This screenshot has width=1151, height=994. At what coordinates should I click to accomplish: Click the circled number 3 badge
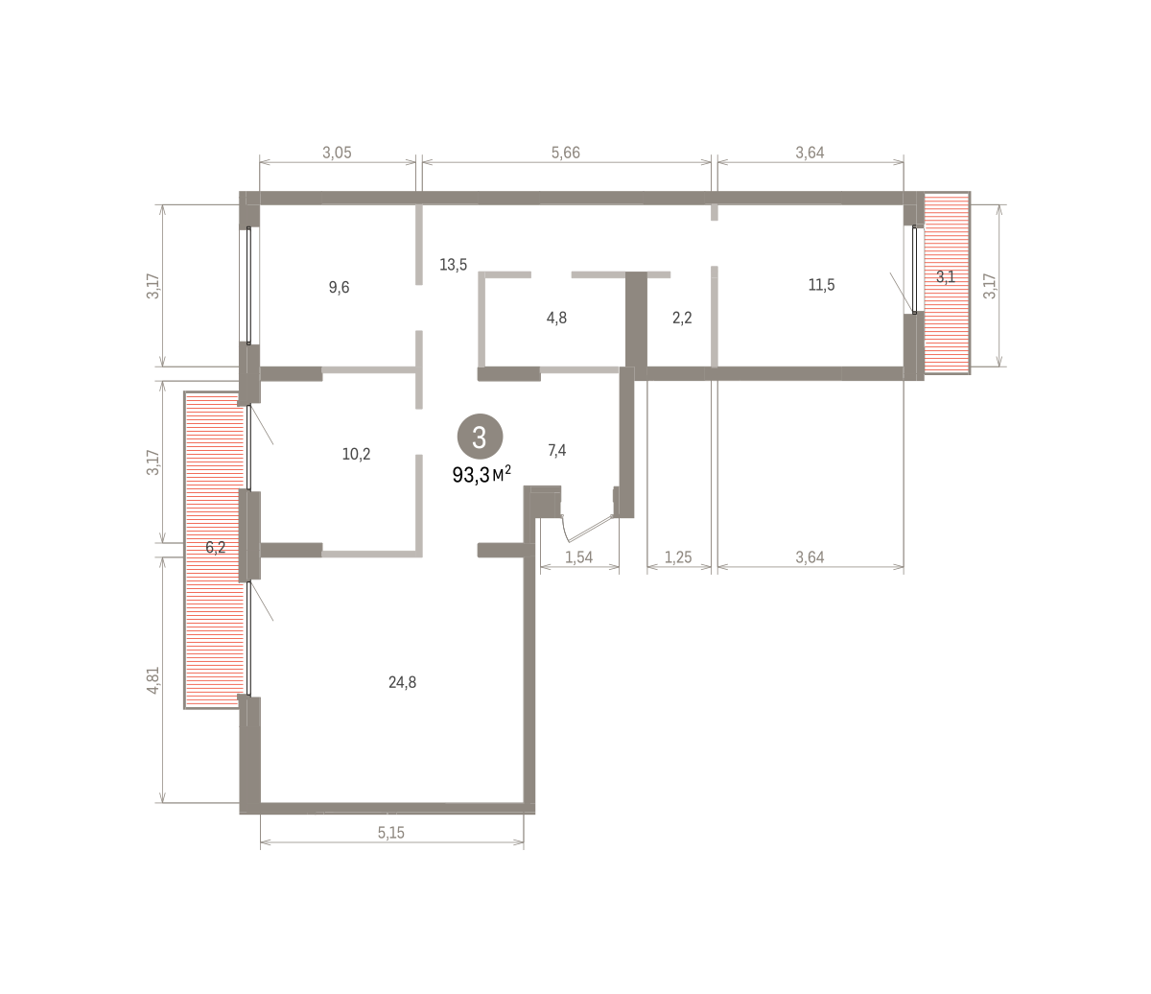[480, 437]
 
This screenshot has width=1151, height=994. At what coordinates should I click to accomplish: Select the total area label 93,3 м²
[482, 475]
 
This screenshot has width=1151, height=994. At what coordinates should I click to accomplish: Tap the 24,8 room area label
[402, 682]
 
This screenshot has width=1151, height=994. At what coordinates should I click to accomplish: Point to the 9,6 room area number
[339, 288]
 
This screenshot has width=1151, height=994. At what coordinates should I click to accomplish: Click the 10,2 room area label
[356, 454]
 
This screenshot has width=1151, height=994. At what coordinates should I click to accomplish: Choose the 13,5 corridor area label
[453, 265]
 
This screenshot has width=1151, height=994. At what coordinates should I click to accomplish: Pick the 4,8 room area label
[556, 319]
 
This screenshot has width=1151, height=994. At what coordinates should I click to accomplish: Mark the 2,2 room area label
[682, 319]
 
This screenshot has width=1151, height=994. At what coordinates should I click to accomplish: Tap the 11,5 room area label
[821, 285]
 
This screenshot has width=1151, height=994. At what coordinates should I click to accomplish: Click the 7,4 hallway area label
[557, 450]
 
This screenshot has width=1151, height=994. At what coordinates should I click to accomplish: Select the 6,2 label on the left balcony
[216, 548]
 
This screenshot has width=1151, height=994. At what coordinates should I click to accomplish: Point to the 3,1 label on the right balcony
[946, 277]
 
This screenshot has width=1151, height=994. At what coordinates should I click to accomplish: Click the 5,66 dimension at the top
[565, 153]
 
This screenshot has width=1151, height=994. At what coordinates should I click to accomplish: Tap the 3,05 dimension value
[337, 153]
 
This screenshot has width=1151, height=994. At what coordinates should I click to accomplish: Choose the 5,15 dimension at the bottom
[391, 833]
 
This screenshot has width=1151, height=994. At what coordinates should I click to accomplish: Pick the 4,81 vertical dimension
[153, 680]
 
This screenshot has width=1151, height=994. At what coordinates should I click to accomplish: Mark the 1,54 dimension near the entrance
[579, 557]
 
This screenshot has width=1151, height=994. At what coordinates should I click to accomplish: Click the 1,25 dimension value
[678, 557]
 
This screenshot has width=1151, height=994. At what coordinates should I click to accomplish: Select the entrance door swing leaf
[589, 529]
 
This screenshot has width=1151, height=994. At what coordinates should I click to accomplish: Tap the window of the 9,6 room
[248, 285]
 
